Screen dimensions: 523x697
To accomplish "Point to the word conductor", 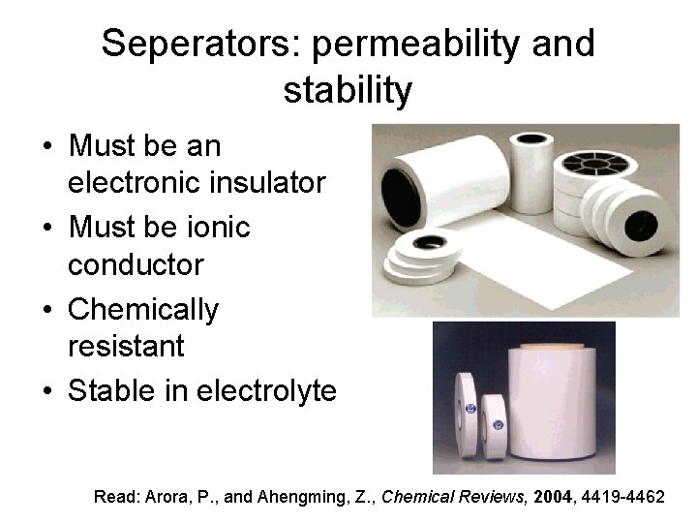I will pos(136,263).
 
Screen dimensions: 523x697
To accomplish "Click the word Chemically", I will pos(143,310).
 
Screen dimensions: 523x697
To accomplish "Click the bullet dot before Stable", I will pos(47,392).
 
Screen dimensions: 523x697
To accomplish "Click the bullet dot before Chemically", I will pos(47,311).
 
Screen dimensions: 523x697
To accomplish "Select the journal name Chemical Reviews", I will pos(446,497).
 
